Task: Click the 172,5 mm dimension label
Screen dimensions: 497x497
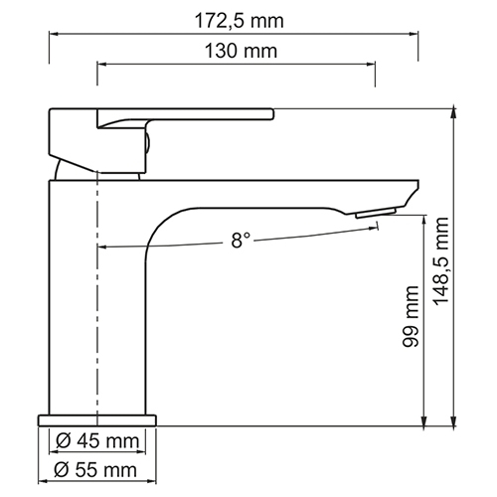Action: [239, 21]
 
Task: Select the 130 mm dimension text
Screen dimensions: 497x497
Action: [241, 51]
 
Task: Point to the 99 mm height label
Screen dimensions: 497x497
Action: [411, 316]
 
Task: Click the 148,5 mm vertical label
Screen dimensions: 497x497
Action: [441, 261]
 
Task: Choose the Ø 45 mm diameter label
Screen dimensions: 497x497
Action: [97, 441]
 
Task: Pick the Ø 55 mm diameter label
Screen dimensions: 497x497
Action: [95, 470]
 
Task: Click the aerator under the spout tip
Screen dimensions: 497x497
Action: [376, 213]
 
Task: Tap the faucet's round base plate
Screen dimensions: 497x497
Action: [97, 420]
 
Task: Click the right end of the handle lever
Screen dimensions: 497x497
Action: [273, 113]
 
